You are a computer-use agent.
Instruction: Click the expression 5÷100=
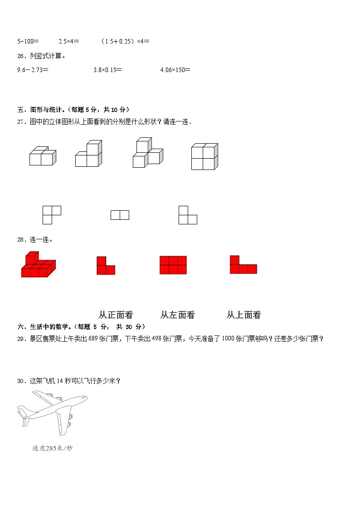pos(28,41)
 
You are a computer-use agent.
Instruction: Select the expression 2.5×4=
pos(69,41)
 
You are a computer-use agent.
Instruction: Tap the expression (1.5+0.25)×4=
pos(125,41)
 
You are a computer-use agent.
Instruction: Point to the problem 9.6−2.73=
pos(33,70)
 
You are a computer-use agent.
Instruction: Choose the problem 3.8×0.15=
pos(107,70)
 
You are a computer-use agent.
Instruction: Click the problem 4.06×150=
pos(175,70)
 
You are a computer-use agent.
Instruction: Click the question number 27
pos(20,122)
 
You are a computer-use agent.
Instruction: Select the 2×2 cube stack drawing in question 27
pos(204,156)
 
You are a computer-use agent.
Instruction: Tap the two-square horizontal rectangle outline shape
pos(120,215)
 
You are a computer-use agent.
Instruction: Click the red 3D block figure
pos(38,265)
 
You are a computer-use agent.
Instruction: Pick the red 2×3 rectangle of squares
pos(173,265)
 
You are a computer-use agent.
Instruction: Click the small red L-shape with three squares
pos(105,266)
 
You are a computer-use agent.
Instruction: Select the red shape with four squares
pos(243,265)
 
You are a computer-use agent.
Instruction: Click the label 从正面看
pos(116,315)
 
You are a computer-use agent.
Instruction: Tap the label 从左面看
pos(177,315)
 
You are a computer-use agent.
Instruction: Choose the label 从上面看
pos(243,315)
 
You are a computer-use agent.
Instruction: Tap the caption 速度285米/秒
pos(52,448)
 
